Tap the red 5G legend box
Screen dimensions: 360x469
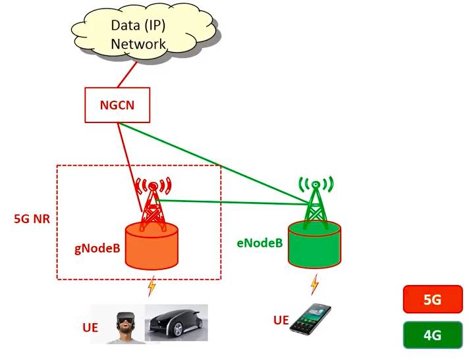(x=432, y=300)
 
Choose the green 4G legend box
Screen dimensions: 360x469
(x=432, y=335)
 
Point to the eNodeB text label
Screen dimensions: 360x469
(x=260, y=242)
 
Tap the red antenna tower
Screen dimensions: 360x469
(x=152, y=201)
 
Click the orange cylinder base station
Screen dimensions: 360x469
(x=152, y=247)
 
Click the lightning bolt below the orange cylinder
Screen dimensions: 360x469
(x=152, y=286)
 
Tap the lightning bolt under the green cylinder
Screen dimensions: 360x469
(x=314, y=284)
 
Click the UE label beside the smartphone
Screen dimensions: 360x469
(x=281, y=321)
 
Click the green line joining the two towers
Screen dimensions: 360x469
(x=234, y=202)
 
